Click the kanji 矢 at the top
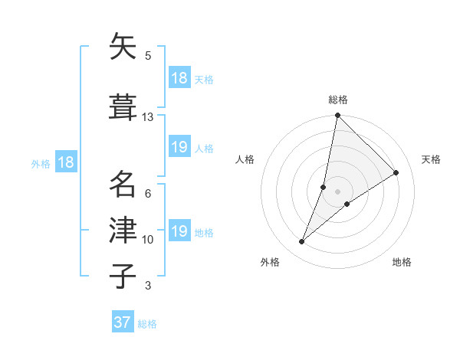coord(123,47)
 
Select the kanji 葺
coord(123,107)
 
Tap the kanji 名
coord(123,185)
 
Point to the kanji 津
coord(123,231)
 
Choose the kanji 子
coord(123,277)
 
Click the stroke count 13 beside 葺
coord(148,117)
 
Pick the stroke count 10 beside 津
coord(148,240)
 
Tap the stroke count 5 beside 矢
coord(148,56)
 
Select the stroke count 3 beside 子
coord(148,286)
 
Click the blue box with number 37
coord(123,322)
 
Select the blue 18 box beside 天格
coord(179,78)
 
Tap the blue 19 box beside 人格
coord(179,147)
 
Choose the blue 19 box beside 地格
coord(179,232)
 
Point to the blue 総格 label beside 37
coord(147,324)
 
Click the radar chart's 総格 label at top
coord(338,100)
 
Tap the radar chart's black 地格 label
coord(402,262)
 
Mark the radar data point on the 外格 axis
coord(302,242)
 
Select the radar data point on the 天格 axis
coord(396,173)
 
